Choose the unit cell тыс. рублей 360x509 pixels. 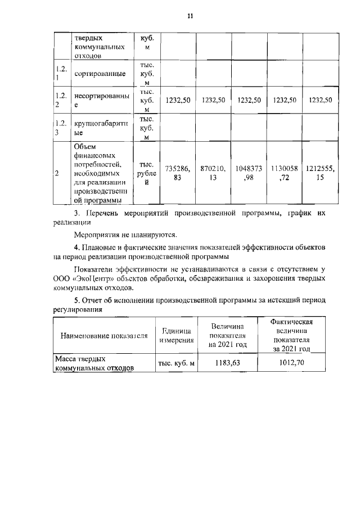coord(146,173)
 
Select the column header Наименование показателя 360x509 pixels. coord(105,336)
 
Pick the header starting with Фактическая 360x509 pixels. coord(290,335)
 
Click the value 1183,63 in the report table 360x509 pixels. coord(228,363)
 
